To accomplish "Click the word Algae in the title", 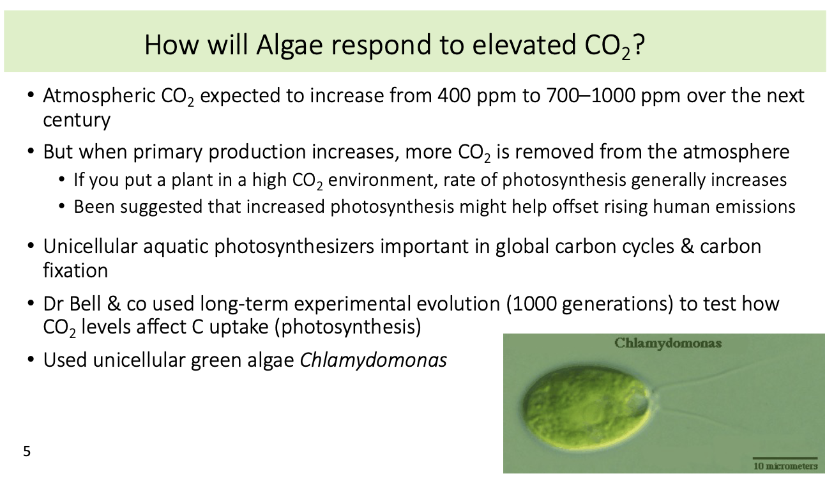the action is [289, 45].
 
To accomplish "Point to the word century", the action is [77, 120].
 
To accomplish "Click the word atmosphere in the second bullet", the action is [736, 152].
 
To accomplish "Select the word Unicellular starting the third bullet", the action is [90, 246].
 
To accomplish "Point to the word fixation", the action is [75, 270].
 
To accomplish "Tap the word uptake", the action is [239, 327].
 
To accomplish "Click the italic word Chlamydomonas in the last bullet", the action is [373, 360].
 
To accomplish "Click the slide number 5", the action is [27, 451].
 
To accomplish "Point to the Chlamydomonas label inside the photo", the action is [668, 343].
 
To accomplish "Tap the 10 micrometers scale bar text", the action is [785, 466].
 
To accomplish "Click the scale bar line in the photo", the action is [785, 458].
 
